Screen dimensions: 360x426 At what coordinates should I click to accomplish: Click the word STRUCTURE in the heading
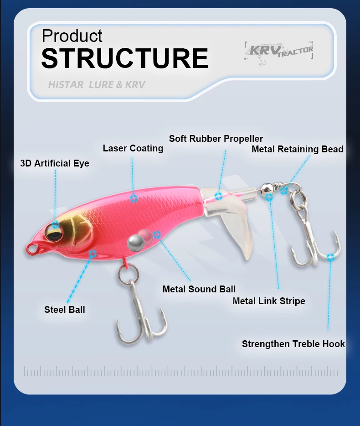point(124,58)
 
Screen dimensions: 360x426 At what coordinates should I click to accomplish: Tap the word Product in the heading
point(72,36)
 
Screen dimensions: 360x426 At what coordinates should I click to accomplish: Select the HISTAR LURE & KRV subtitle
point(97,85)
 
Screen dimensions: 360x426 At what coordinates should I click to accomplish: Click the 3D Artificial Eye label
point(55,163)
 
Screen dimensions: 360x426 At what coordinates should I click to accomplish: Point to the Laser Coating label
point(133,148)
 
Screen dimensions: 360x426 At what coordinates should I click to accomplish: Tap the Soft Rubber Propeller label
point(216,139)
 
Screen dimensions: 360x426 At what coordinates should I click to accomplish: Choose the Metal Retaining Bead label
point(298,149)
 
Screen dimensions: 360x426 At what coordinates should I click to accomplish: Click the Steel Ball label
point(65,310)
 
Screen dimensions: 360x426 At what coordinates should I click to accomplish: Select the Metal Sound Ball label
point(199,289)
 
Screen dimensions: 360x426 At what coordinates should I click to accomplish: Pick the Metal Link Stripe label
point(269,301)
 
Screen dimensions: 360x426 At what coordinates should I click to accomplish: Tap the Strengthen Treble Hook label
point(293,344)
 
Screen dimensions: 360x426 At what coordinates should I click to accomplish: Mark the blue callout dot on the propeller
point(219,196)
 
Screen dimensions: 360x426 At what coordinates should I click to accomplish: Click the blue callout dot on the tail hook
point(330,257)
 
